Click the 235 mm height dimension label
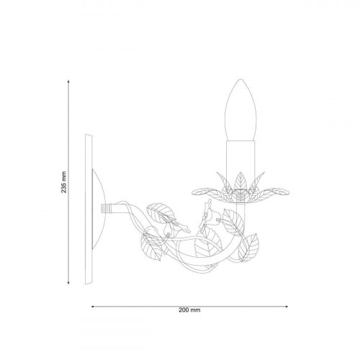tap(64, 182)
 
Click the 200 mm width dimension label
tap(189, 310)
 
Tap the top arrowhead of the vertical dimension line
tap(68, 81)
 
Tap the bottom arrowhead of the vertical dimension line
tap(68, 282)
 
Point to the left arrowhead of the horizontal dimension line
tap(93, 307)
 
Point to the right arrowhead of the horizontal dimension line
tap(287, 307)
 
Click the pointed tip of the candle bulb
tap(240, 79)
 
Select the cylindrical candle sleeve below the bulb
tap(240, 157)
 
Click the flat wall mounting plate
tap(89, 209)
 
